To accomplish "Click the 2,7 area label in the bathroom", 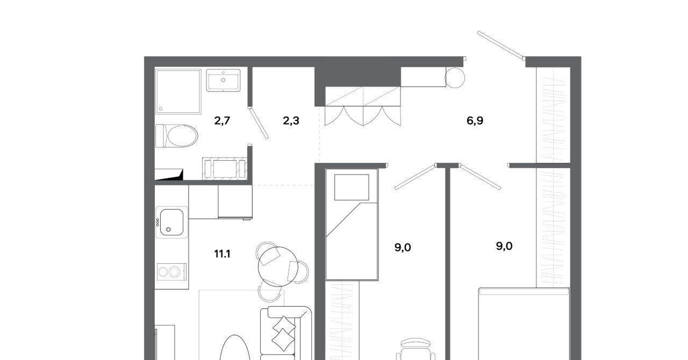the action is coord(222,121).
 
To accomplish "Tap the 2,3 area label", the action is coord(291,121).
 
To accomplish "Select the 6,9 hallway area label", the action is coord(475,121).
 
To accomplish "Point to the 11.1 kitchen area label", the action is coord(222,254).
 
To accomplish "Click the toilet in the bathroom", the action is coord(177,136).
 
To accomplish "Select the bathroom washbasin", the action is coord(223,80).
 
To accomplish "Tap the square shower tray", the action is coord(178,91).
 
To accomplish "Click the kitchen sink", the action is coord(171,222).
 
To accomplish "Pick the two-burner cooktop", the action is coord(171,272).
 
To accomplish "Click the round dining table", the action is coord(278,267).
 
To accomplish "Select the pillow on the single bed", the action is coord(352,188).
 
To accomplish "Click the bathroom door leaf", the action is coord(259,123).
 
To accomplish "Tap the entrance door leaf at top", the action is coord(500,45).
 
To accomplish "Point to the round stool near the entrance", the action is coord(455,78).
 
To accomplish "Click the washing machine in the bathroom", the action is coord(225,169).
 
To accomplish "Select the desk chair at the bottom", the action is coord(415,350).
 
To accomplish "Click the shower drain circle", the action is coord(160,109).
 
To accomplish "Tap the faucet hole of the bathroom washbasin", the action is coord(223,80).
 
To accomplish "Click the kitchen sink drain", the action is coord(168,229).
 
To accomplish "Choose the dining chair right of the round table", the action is coord(299,271).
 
